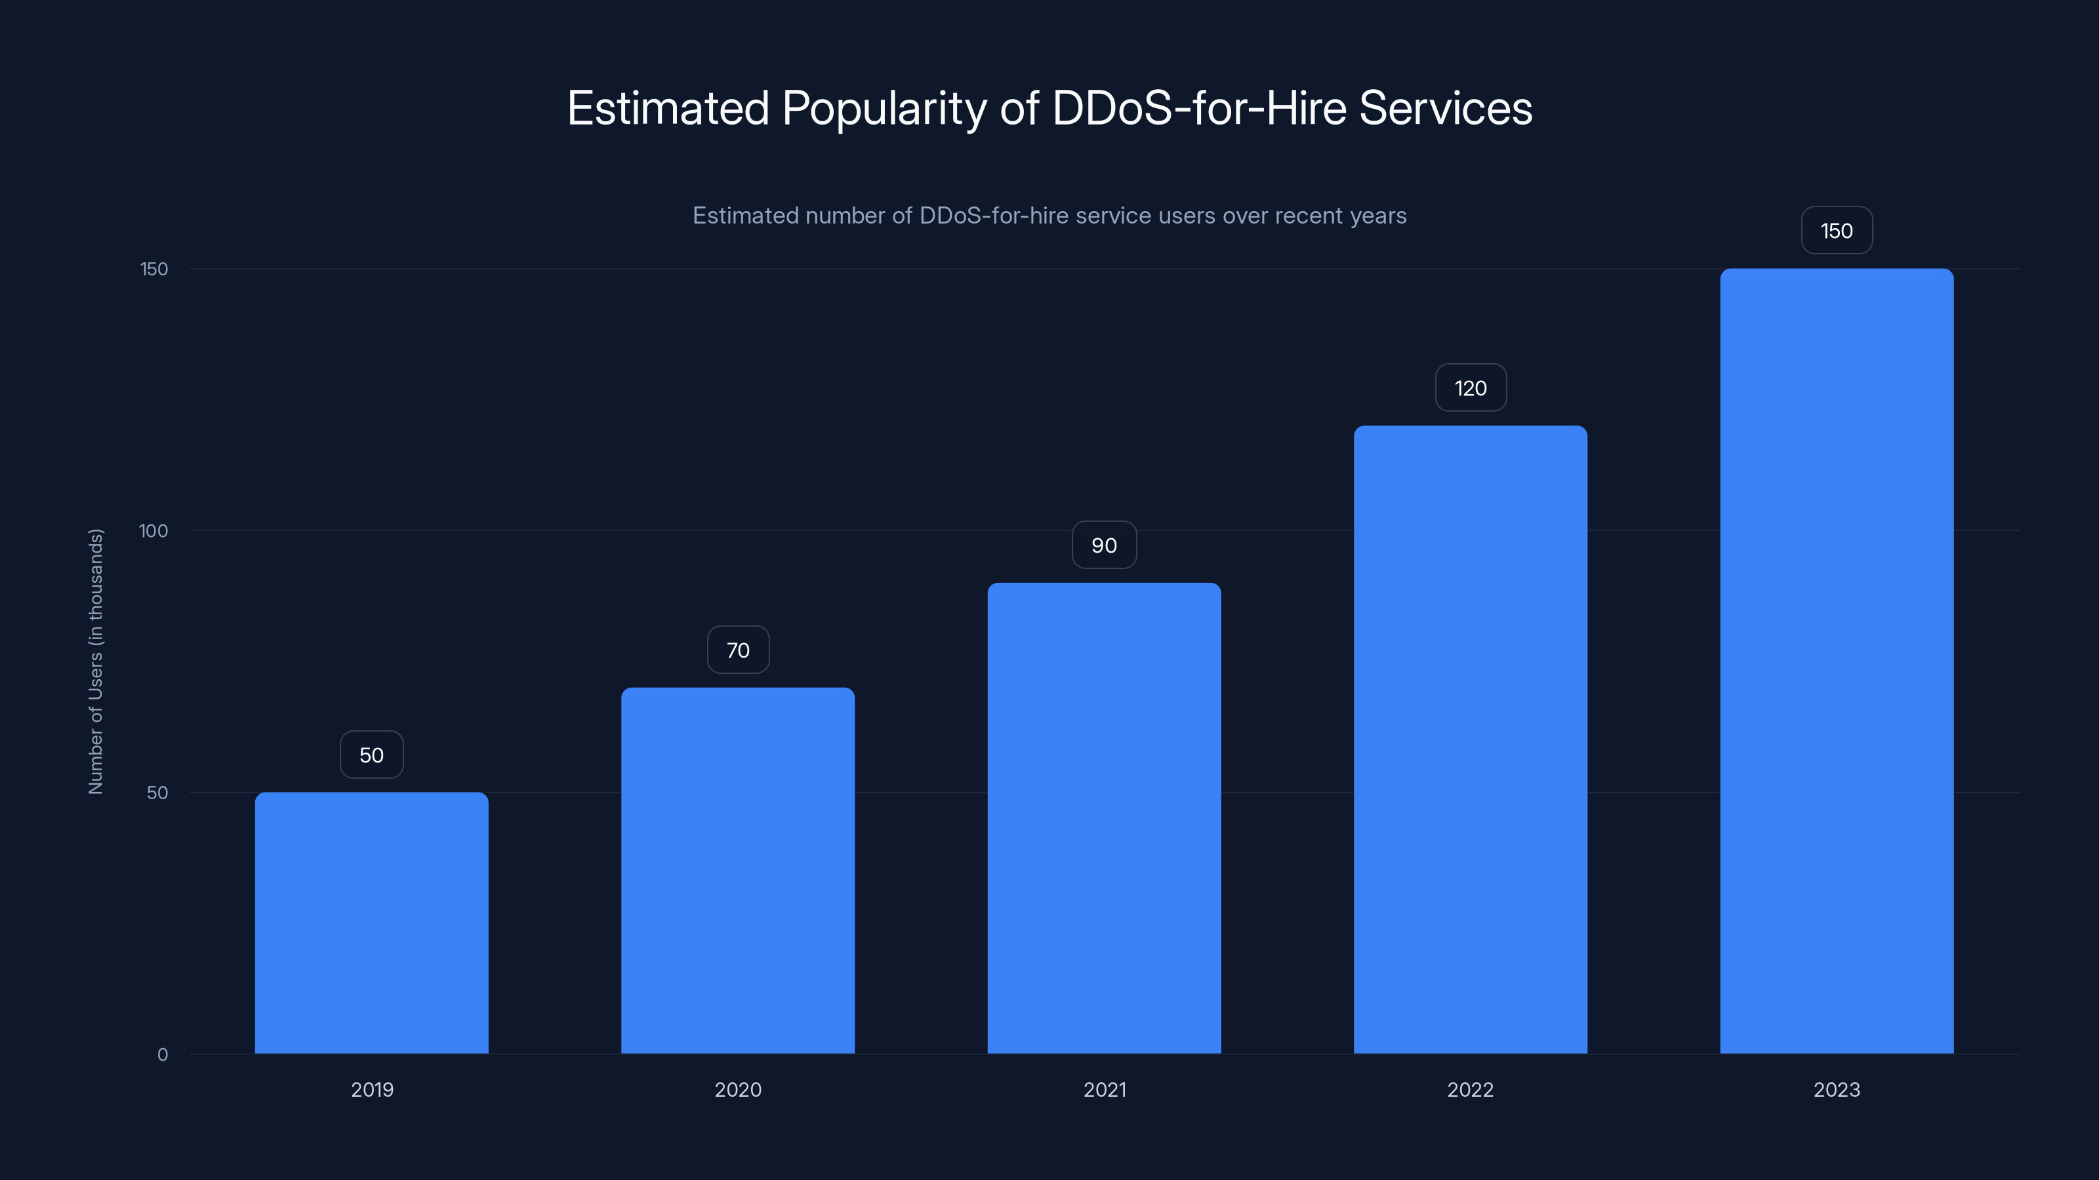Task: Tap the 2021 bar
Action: (1104, 817)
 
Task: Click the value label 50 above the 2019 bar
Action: (371, 755)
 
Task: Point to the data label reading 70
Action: (737, 650)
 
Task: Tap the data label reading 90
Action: (1104, 545)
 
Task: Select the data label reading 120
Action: (1470, 387)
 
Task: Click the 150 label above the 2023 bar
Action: (1837, 231)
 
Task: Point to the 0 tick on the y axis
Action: (162, 1055)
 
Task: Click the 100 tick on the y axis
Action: (153, 531)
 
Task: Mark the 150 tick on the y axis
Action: (154, 269)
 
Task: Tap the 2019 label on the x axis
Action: (371, 1090)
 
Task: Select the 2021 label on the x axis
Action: (1104, 1090)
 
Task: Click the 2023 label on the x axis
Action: (1837, 1090)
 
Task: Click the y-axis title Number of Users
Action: (95, 661)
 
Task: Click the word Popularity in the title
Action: (884, 108)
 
